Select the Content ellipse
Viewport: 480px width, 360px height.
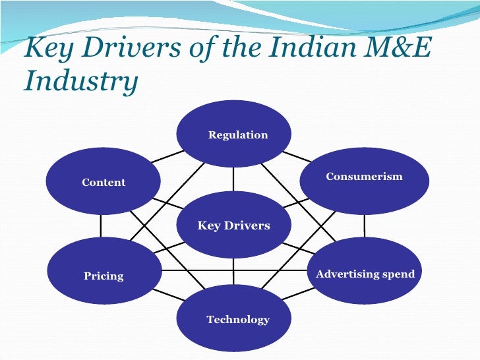coord(103,181)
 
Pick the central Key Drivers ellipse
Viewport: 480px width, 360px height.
coord(233,225)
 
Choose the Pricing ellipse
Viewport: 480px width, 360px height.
coord(104,275)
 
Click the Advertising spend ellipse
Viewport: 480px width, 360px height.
coord(365,274)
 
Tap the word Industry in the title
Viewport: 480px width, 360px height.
coord(80,82)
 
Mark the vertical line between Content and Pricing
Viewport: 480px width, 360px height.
coord(101,226)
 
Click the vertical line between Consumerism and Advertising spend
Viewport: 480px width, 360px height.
coord(364,226)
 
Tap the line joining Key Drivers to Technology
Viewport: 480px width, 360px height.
coord(233,272)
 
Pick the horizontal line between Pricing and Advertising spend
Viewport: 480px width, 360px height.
coord(234,270)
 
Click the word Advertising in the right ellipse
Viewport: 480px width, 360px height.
coord(347,274)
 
